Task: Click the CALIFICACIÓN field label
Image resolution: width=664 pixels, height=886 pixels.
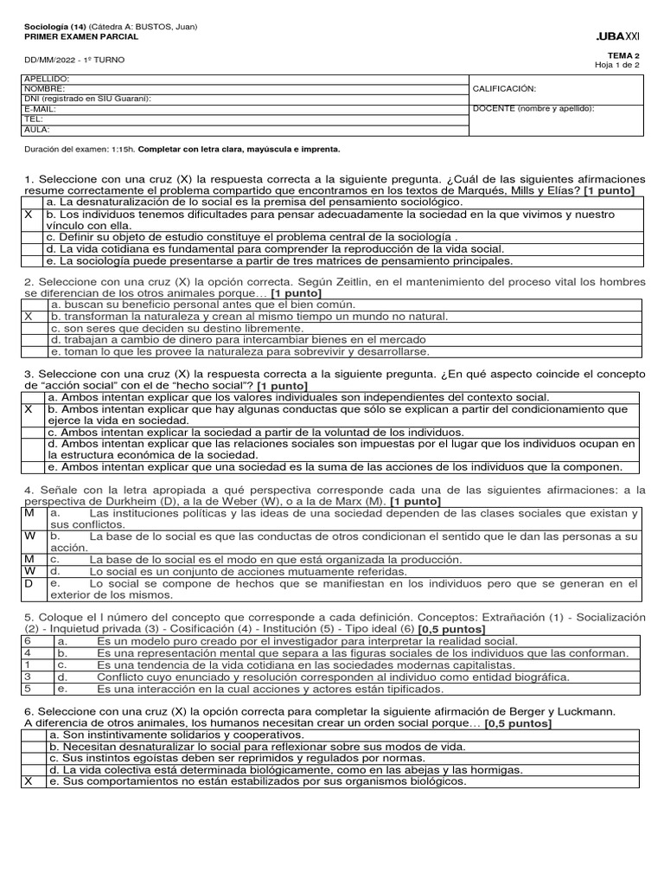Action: point(505,88)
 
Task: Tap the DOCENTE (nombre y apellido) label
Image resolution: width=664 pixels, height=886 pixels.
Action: point(533,108)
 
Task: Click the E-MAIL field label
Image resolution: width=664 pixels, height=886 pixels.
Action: point(42,109)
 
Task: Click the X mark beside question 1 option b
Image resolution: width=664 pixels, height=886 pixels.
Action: point(29,214)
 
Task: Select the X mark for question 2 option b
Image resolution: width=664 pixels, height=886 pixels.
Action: point(29,317)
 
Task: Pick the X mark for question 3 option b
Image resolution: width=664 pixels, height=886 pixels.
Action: point(29,408)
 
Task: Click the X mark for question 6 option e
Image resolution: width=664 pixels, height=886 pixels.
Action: point(28,780)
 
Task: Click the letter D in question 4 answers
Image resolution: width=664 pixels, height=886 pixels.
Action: point(29,584)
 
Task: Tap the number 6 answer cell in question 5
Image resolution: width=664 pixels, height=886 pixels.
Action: point(28,641)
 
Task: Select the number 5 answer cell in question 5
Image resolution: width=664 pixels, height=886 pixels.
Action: point(28,689)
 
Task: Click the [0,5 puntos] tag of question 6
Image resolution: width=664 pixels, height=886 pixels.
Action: point(518,722)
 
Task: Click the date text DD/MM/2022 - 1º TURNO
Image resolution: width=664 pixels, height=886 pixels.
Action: point(74,60)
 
